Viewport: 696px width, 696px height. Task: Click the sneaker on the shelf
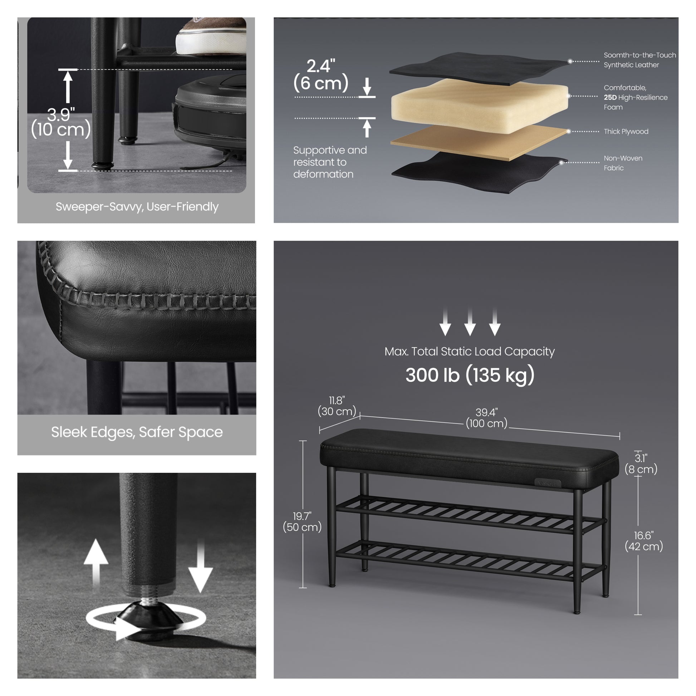tap(211, 36)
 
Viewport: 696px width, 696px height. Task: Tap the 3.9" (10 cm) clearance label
tap(61, 122)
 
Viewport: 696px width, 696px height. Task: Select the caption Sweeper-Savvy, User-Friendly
tap(137, 207)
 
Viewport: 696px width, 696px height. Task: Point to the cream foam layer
tap(480, 106)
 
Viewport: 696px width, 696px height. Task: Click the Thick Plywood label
tap(626, 132)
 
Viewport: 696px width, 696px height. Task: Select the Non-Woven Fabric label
tap(623, 163)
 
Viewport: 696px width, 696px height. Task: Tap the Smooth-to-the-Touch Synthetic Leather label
tap(640, 60)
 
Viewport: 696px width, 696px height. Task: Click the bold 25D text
tap(610, 97)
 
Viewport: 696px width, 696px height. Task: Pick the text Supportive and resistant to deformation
tap(330, 162)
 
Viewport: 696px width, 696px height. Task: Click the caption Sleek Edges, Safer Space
tap(137, 432)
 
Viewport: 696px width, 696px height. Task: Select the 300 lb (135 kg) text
tap(470, 375)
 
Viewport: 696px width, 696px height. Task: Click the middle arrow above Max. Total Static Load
tap(470, 322)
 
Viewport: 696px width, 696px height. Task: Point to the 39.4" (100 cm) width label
tap(486, 418)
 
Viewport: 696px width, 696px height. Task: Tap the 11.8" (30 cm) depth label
tap(337, 406)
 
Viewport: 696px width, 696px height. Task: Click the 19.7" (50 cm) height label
tap(302, 521)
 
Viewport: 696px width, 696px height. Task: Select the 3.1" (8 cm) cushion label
tap(641, 464)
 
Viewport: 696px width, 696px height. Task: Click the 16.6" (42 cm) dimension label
tap(644, 541)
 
